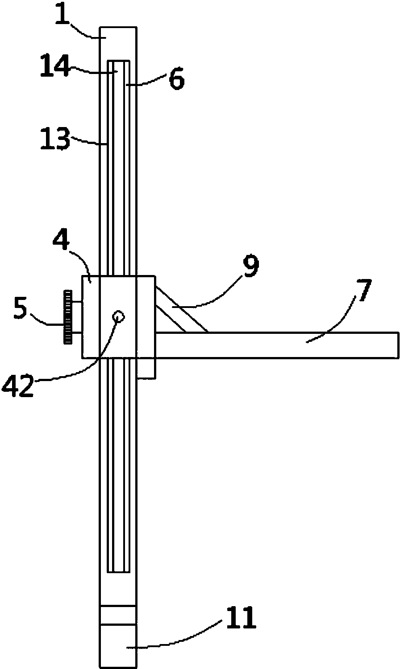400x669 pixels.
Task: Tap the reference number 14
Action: pos(55,66)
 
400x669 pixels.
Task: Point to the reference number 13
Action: pos(55,139)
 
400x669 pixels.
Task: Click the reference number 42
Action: pos(18,386)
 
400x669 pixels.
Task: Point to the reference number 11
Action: pos(241,617)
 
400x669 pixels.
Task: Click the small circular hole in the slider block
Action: pos(118,316)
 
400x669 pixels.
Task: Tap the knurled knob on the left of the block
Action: pos(67,317)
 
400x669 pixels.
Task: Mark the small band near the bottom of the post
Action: pos(118,615)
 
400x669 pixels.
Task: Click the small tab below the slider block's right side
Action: pos(146,368)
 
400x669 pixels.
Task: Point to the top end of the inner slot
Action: pos(118,60)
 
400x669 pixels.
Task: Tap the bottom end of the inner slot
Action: pos(118,572)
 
